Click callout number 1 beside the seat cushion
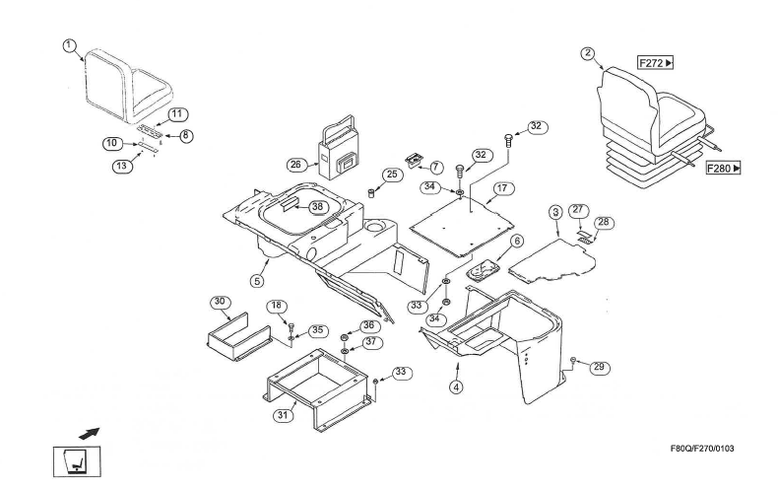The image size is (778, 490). tap(69, 44)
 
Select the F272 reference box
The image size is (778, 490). tap(655, 63)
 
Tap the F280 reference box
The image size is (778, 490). tap(724, 169)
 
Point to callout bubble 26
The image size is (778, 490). tap(294, 164)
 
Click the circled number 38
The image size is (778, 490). tap(317, 207)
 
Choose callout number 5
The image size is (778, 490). tap(257, 281)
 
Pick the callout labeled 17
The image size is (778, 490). tap(502, 188)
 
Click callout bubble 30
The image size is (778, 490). tap(220, 301)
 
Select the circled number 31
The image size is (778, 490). tap(283, 415)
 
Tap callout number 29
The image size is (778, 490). tap(599, 367)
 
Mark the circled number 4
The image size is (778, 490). tap(456, 386)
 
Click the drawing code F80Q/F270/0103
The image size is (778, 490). tap(702, 450)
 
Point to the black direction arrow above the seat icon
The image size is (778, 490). tap(90, 432)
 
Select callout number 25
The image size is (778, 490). tap(392, 175)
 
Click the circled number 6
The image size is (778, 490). tap(517, 240)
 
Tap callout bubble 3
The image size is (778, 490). tap(555, 212)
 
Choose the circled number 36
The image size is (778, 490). tap(368, 325)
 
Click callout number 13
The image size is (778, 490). tap(121, 166)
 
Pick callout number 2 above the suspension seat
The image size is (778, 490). tap(588, 53)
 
